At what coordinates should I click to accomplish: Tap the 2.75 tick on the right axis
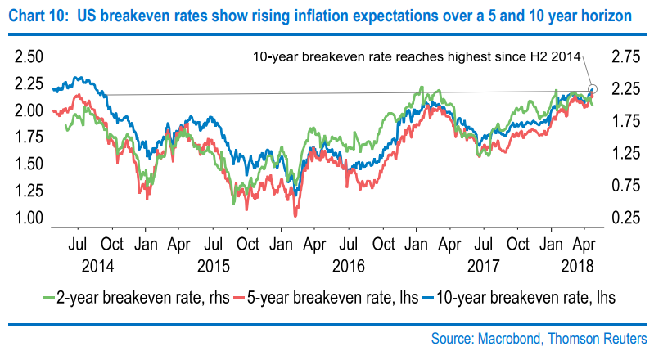click(620, 56)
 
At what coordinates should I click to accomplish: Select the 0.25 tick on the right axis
click(620, 218)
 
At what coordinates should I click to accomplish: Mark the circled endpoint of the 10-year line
click(593, 88)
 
